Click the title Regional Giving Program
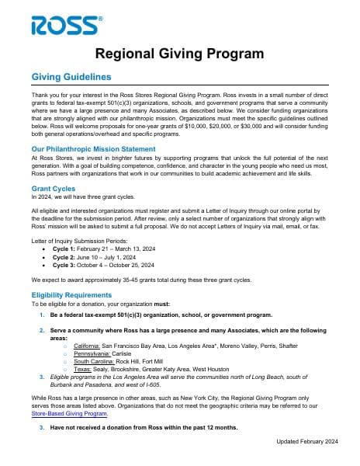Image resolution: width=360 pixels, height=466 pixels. [x=179, y=54]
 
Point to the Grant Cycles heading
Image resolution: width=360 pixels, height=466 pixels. [x=54, y=189]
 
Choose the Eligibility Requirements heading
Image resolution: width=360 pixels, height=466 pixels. [x=71, y=295]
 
